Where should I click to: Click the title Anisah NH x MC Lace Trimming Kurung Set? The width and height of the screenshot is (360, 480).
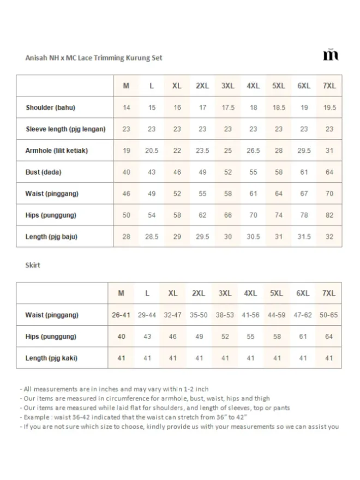coord(94,57)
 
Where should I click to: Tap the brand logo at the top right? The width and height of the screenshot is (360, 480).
coord(331,55)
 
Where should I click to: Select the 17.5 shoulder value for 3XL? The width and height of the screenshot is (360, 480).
coord(228,107)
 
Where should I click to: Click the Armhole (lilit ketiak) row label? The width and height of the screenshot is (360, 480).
coord(57,151)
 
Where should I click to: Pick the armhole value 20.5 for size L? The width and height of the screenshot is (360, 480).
coord(152,151)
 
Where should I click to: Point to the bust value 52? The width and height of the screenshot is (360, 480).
coord(228,172)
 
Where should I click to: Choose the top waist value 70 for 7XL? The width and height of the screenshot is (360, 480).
coord(329,194)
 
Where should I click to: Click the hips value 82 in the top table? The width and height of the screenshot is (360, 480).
coord(329,215)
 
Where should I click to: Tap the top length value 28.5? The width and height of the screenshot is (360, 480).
coord(152,237)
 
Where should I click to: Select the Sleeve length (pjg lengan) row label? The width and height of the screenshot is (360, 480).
coord(65,129)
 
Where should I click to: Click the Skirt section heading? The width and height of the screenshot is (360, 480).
coord(33,265)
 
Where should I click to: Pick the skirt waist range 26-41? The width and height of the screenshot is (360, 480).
coord(121,315)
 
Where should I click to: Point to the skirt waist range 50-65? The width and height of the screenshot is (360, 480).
coord(328,315)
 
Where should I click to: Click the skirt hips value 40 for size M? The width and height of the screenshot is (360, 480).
coord(121,337)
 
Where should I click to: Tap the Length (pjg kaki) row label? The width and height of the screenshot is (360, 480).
coord(51,358)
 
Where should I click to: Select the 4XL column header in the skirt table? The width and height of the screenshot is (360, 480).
coord(250,293)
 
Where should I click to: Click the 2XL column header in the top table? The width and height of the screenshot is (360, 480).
coord(202,86)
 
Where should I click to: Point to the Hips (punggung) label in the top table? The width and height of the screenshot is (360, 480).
coord(51,215)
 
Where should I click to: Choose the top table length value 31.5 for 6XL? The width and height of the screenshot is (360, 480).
coord(304,237)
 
